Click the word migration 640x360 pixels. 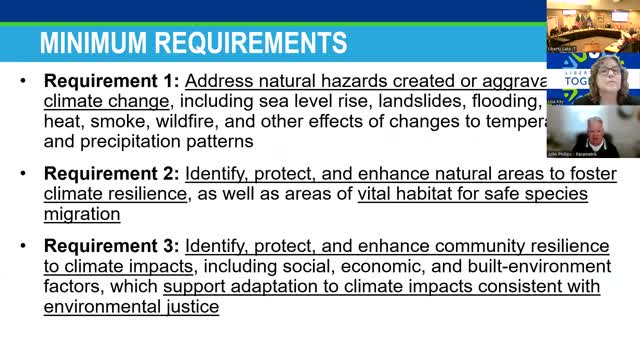coord(81,214)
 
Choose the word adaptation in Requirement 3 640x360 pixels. coord(267,287)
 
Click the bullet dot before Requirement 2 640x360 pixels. coord(22,174)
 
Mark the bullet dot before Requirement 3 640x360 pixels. coord(22,246)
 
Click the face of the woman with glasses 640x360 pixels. coord(606,77)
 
